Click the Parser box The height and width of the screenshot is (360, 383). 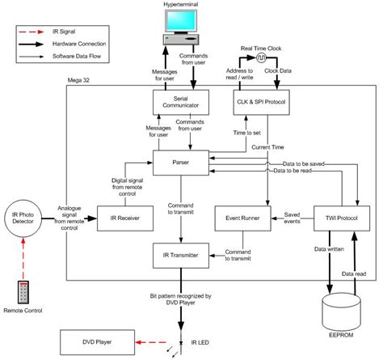point(181,160)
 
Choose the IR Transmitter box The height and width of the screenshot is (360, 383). point(181,256)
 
